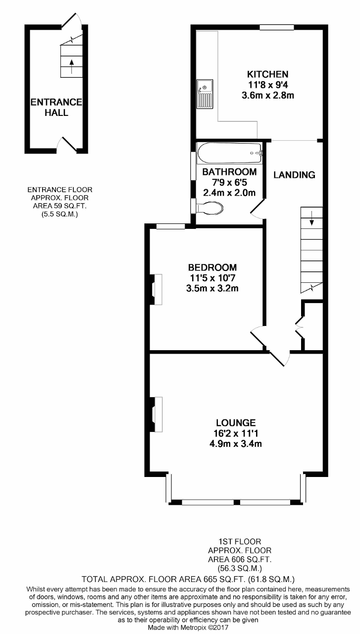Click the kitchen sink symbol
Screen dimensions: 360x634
(205, 94)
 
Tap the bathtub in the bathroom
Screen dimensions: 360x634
(230, 153)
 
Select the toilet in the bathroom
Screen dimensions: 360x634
(210, 209)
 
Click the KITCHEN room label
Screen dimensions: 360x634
(268, 74)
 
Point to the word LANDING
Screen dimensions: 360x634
(294, 175)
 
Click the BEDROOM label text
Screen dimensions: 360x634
(212, 267)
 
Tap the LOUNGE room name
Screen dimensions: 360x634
(236, 423)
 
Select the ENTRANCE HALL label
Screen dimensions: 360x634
(56, 107)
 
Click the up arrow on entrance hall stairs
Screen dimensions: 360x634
(71, 66)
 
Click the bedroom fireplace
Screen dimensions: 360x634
(156, 289)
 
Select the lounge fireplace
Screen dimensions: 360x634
(156, 415)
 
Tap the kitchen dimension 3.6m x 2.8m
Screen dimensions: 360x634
(268, 96)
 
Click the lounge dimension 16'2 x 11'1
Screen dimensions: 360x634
(236, 433)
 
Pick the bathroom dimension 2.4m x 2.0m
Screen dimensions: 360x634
(229, 193)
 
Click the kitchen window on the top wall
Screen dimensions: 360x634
(277, 27)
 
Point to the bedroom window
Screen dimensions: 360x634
(171, 226)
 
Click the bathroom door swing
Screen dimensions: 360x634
(257, 210)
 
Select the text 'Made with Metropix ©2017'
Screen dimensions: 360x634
(188, 628)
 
